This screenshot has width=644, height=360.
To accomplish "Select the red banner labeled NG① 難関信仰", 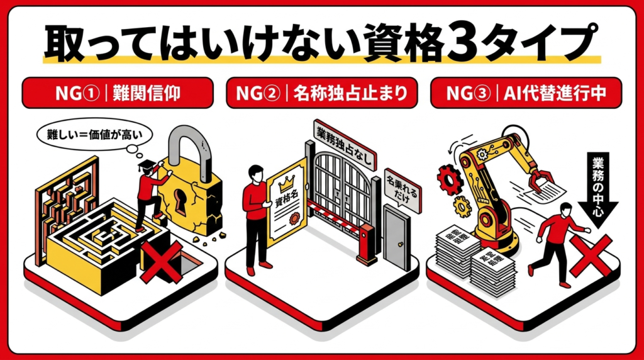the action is [x=118, y=93].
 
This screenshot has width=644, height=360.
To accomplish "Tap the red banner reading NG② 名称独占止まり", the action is [x=322, y=93].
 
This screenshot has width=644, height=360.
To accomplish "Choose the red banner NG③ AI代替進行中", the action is [x=526, y=93].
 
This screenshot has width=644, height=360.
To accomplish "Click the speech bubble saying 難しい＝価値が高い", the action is [x=94, y=135].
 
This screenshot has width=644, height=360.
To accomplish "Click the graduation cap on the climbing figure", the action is [x=147, y=165].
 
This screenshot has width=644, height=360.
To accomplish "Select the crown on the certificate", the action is [x=286, y=184].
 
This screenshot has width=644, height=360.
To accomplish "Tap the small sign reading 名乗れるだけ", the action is [x=403, y=191].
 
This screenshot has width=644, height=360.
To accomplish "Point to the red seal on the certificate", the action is [x=294, y=218].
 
